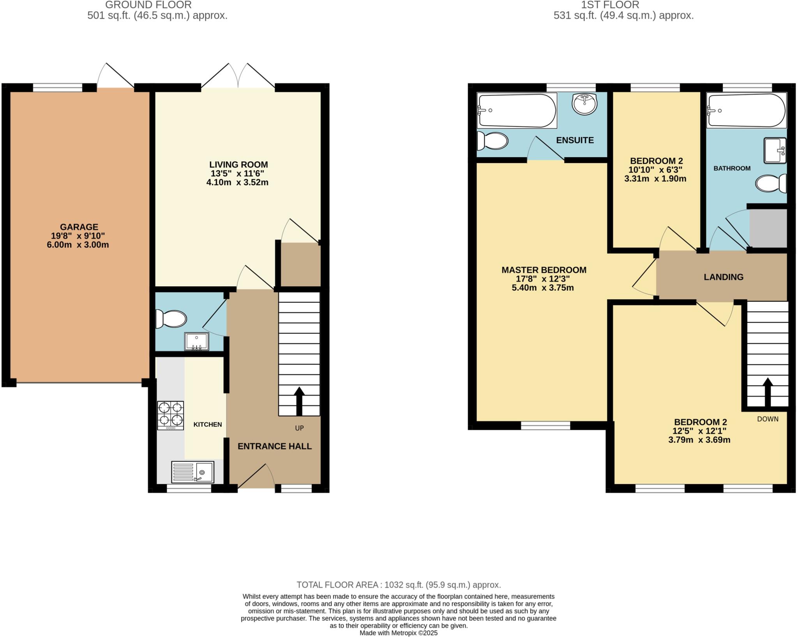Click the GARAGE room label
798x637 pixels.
pos(79,227)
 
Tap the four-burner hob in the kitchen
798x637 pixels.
pos(170,415)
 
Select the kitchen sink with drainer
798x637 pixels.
pos(192,472)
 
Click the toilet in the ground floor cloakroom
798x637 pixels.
pos(171,319)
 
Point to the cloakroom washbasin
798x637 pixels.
pos(196,342)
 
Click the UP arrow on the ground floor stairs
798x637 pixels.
pos(299,401)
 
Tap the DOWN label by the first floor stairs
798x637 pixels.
pos(768,419)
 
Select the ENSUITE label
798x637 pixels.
pos(575,140)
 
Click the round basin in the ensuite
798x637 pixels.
pos(584,104)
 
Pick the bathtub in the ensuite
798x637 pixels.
pos(517,110)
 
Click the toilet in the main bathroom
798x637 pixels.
pos(771,183)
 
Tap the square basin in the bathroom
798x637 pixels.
pos(775,150)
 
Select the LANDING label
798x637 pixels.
pos(723,277)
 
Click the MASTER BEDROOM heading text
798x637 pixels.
pos(544,270)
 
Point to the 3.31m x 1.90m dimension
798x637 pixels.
pos(655,179)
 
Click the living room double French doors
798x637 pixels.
pos(238,76)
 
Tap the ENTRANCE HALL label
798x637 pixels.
pos(274,446)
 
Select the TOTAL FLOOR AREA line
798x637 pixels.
pos(398,585)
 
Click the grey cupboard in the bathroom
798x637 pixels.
pos(768,228)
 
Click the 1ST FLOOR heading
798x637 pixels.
pos(623,5)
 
